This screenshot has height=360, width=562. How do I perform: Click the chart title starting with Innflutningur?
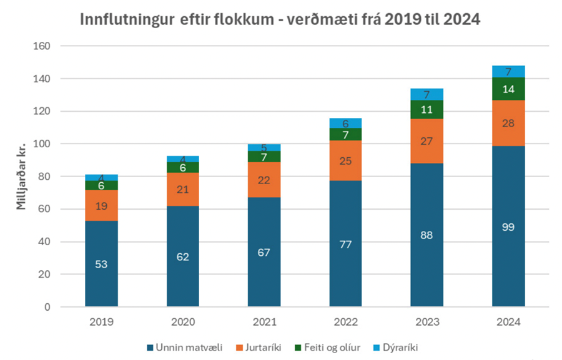coord(280,19)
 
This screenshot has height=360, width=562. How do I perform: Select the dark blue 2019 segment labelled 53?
coord(101,263)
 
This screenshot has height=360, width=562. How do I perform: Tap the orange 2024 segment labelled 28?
coord(508,123)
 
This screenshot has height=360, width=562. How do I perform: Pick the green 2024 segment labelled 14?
coord(508,89)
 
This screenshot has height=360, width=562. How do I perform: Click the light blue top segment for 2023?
coord(426,94)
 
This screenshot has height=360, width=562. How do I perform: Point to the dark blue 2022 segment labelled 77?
coord(345,243)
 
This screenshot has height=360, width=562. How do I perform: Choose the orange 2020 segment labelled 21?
coord(182,189)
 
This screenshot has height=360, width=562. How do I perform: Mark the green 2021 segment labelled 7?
coord(264,157)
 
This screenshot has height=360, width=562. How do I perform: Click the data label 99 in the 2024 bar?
coord(508,226)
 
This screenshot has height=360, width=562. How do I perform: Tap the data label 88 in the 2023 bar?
coord(426,235)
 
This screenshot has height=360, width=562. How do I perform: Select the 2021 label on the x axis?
coord(264,323)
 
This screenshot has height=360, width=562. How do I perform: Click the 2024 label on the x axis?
coord(508,323)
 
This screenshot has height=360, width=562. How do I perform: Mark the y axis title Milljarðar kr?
coord(21,177)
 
